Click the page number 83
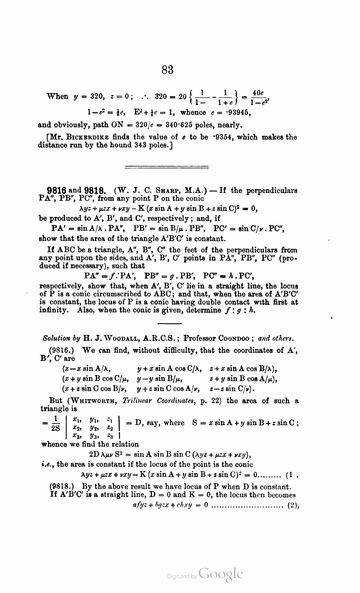[167, 69]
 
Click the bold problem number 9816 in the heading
[57, 191]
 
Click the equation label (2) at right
[294, 506]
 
